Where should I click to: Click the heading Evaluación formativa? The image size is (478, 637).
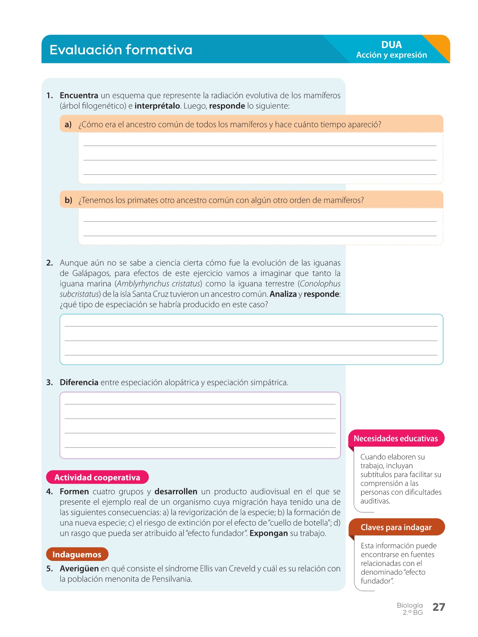(121, 50)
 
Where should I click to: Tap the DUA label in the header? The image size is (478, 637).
(391, 45)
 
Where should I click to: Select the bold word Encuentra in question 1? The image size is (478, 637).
(79, 96)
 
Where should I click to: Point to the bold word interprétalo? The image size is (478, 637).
(157, 106)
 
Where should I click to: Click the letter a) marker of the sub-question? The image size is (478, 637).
(68, 125)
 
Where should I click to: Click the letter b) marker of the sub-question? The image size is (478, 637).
(68, 200)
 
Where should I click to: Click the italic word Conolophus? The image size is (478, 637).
(320, 284)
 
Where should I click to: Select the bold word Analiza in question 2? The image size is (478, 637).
(283, 294)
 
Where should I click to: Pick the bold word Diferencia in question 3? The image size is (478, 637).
(79, 383)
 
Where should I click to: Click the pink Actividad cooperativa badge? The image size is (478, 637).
(97, 477)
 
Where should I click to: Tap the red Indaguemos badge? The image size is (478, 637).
(77, 555)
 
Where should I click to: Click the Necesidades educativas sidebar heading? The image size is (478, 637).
(396, 439)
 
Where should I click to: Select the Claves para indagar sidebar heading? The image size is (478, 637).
(396, 528)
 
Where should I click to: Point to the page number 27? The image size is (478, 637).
(439, 607)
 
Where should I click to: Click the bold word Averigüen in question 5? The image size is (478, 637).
(79, 569)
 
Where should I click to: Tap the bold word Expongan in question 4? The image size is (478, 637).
(268, 533)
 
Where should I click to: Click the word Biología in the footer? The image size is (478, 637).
(410, 606)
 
